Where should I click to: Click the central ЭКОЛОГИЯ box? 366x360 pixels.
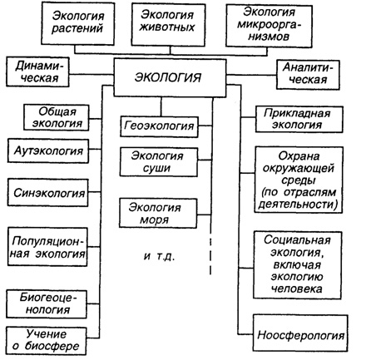[170, 77]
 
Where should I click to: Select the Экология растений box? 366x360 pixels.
[78, 23]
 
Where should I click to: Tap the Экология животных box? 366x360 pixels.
[168, 24]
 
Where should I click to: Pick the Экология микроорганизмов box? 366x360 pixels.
[269, 26]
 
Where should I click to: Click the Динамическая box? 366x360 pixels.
[37, 72]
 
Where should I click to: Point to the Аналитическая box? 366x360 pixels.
[308, 75]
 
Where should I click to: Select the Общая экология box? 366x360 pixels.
[57, 117]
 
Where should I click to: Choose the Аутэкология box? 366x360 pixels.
[48, 150]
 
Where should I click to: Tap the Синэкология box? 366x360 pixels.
[48, 193]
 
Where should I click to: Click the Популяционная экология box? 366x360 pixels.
[47, 247]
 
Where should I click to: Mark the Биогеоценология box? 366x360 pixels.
[47, 304]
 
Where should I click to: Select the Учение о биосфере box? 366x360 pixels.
[46, 341]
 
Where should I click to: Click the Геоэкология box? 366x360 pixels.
[159, 126]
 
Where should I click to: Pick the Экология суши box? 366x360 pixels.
[159, 162]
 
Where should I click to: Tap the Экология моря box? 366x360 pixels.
[158, 214]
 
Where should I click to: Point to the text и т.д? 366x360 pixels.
[160, 257]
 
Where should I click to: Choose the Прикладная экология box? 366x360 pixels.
[299, 119]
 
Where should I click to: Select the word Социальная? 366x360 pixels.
[297, 240]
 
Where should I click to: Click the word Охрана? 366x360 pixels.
[299, 156]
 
